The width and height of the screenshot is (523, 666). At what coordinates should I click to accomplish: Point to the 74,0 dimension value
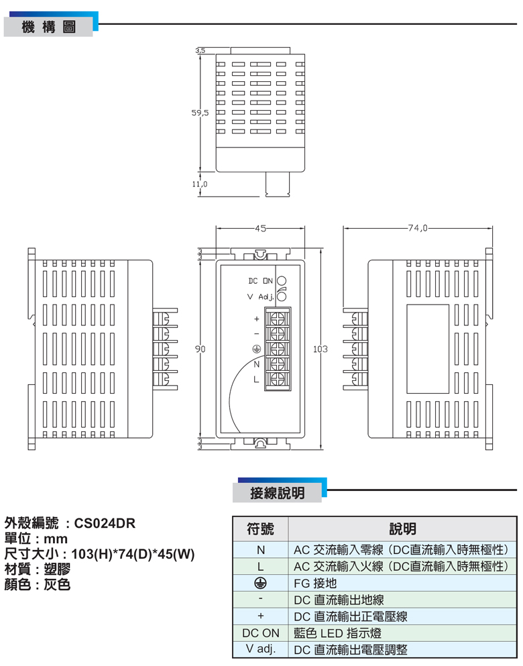pos(416,228)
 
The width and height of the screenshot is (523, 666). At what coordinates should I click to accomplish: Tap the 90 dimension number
pos(200,349)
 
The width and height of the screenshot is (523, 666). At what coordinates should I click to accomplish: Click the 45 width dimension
pos(260,228)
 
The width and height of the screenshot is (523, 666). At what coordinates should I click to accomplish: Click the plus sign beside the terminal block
pos(256,318)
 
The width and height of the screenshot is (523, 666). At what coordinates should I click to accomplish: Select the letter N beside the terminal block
pos(256,364)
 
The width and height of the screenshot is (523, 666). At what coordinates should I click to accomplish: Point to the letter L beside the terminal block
pos(256,380)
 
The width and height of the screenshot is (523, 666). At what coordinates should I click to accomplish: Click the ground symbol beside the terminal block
pos(256,349)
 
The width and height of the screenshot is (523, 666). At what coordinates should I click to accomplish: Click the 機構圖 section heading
pos(48,27)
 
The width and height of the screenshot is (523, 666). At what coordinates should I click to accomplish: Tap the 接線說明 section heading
pos(277,493)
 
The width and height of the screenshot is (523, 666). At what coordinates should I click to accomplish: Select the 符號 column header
pos(261,529)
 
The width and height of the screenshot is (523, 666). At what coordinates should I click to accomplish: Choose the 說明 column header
pos(402,529)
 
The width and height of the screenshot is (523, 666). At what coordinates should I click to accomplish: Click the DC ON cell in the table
pos(261,632)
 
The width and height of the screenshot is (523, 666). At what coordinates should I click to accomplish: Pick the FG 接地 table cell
pos(315,583)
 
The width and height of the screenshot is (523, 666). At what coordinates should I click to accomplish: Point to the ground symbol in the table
pos(261,583)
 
